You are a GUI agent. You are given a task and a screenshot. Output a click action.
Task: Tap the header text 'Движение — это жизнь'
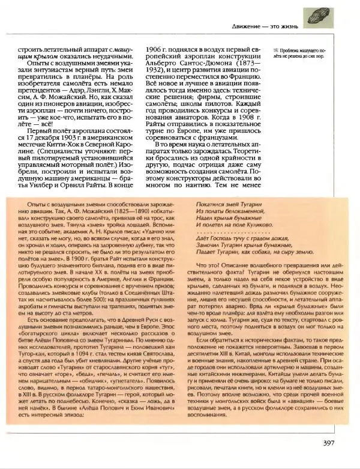coord(267,26)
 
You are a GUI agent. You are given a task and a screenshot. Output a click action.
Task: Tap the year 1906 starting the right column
coord(159,48)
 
